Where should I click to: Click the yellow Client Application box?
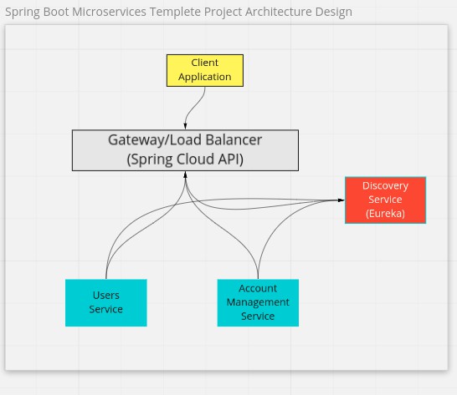[205, 70]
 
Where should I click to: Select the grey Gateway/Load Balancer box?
[185, 150]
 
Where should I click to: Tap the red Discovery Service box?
[385, 200]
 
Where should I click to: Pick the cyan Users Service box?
[106, 303]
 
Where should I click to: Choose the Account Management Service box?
[258, 303]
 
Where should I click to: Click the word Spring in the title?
[23, 13]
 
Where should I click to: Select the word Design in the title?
[334, 13]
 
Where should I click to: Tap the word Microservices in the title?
[110, 12]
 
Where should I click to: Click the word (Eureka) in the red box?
[385, 214]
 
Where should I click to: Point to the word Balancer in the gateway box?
[234, 140]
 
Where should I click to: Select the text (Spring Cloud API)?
[185, 160]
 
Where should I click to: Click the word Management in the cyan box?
[258, 302]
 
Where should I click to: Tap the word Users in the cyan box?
[106, 296]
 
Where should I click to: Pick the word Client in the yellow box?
[205, 63]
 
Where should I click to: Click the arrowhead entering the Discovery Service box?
[341, 200]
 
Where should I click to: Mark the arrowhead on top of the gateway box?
[185, 126]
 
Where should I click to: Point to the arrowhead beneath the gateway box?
[185, 175]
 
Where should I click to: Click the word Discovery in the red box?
[385, 186]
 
